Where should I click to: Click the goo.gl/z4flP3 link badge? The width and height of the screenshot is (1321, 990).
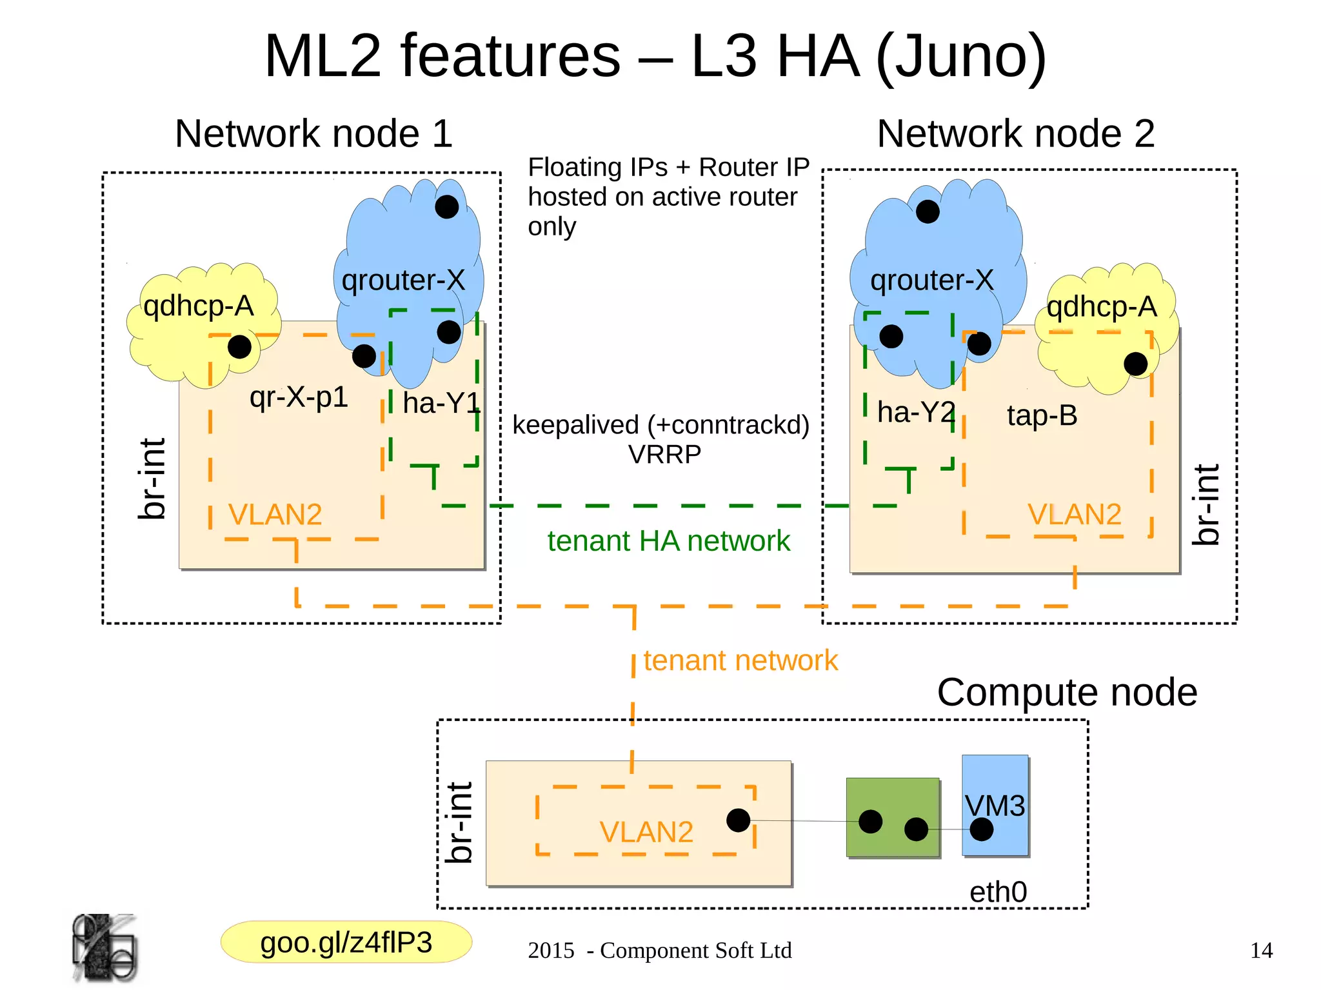click(346, 942)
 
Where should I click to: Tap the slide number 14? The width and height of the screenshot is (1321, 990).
click(1261, 950)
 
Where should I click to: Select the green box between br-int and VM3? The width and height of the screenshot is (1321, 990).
click(892, 800)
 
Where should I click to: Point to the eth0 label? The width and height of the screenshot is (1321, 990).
click(998, 893)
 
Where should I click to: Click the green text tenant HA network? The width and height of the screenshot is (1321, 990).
click(668, 541)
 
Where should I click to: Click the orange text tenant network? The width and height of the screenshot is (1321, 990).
click(740, 660)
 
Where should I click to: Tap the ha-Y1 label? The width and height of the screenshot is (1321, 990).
click(441, 404)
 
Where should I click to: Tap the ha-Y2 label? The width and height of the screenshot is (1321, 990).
click(916, 412)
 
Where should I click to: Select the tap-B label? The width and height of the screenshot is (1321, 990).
click(1042, 415)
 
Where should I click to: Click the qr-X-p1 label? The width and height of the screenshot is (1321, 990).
click(299, 397)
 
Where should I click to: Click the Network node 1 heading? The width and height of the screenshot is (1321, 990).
click(313, 134)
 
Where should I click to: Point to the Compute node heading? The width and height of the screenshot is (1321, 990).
click(1067, 693)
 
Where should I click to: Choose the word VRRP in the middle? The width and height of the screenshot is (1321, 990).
click(664, 455)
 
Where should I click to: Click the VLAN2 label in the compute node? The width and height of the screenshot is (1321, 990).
click(646, 832)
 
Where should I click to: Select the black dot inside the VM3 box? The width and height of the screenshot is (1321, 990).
click(981, 829)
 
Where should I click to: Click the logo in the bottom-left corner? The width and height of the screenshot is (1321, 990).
click(104, 948)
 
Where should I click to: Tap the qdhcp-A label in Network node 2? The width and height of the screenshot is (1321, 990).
click(1101, 306)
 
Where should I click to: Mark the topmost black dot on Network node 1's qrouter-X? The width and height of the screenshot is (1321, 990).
click(447, 207)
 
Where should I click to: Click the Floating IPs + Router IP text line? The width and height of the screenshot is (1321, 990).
click(668, 167)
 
